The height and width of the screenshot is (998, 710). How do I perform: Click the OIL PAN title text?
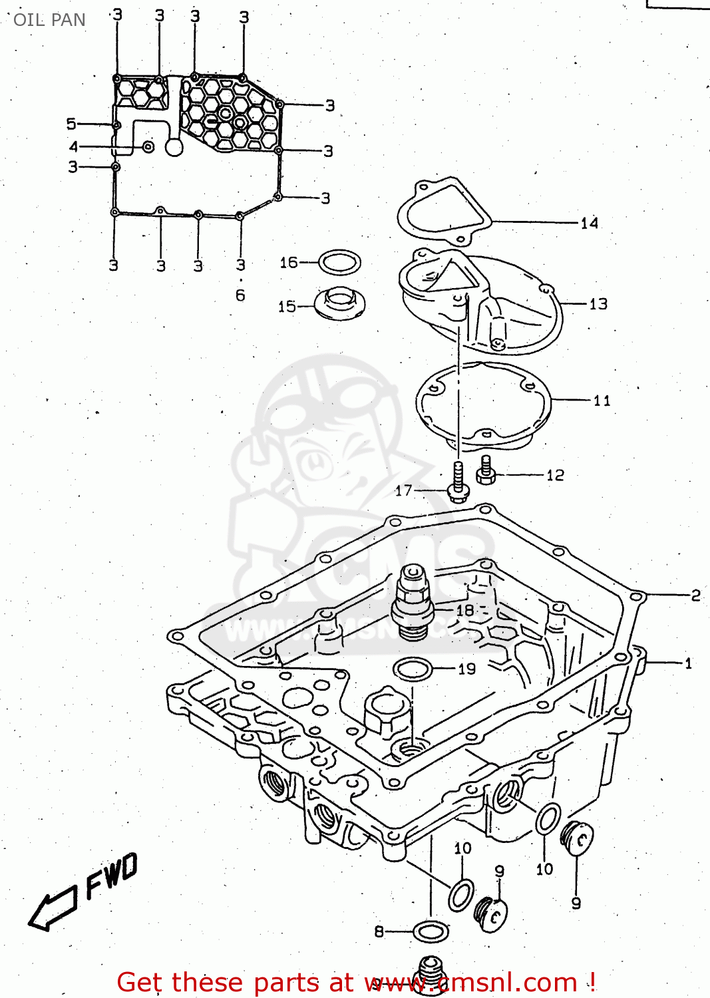pyautogui.click(x=49, y=20)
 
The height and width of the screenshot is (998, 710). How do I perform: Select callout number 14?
pyautogui.click(x=589, y=224)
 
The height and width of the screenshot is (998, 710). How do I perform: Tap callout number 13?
pyautogui.click(x=598, y=304)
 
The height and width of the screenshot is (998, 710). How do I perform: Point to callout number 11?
pyautogui.click(x=602, y=401)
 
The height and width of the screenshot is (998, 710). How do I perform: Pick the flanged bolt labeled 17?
pyautogui.click(x=457, y=482)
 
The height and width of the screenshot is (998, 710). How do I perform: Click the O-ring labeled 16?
pyautogui.click(x=339, y=262)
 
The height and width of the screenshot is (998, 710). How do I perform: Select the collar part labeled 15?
pyautogui.click(x=340, y=304)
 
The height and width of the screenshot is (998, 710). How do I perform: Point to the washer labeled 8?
pyautogui.click(x=430, y=931)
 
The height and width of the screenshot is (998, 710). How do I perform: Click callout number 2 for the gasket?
pyautogui.click(x=695, y=595)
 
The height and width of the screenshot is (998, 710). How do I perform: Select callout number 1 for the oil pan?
pyautogui.click(x=688, y=663)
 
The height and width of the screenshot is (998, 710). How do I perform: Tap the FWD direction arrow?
pyautogui.click(x=52, y=908)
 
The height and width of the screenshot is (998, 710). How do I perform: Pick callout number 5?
pyautogui.click(x=71, y=124)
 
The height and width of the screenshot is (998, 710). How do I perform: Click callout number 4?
pyautogui.click(x=73, y=146)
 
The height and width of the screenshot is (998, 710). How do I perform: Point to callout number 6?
pyautogui.click(x=240, y=295)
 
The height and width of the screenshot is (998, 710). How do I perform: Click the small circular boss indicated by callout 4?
pyautogui.click(x=148, y=146)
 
